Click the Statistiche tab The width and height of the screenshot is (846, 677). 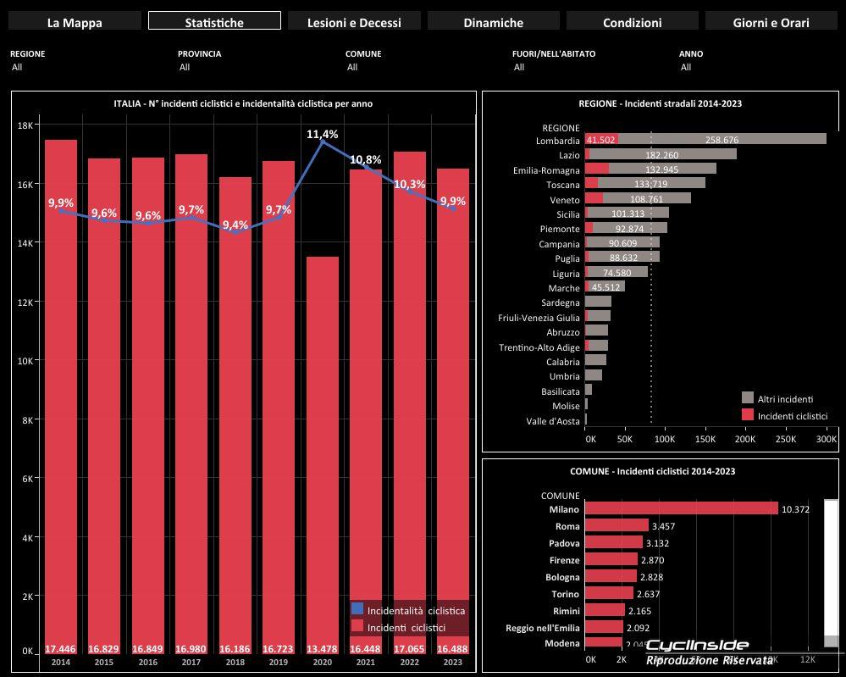(x=213, y=22)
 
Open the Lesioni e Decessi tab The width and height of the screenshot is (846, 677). (x=354, y=22)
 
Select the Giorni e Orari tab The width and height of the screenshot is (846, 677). (x=771, y=22)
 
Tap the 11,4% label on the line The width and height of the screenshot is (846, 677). (x=322, y=134)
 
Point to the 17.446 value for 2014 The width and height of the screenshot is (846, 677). (x=60, y=649)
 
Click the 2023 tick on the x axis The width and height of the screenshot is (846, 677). (x=452, y=662)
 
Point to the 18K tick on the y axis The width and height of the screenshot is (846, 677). (x=25, y=125)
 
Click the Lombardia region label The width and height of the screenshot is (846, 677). (x=558, y=141)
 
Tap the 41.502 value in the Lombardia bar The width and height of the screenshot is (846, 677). (x=600, y=140)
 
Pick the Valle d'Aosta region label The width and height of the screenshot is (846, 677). (x=553, y=421)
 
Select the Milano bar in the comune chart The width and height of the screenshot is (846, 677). (x=681, y=508)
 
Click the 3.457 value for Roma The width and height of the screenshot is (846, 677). (x=663, y=526)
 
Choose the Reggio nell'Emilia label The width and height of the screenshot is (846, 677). (x=543, y=627)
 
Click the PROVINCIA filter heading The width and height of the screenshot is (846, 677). (x=199, y=53)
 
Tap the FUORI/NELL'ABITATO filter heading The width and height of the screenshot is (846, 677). (x=554, y=53)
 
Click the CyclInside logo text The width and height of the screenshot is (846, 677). (x=697, y=645)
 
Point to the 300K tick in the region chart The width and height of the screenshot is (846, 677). (x=826, y=440)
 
